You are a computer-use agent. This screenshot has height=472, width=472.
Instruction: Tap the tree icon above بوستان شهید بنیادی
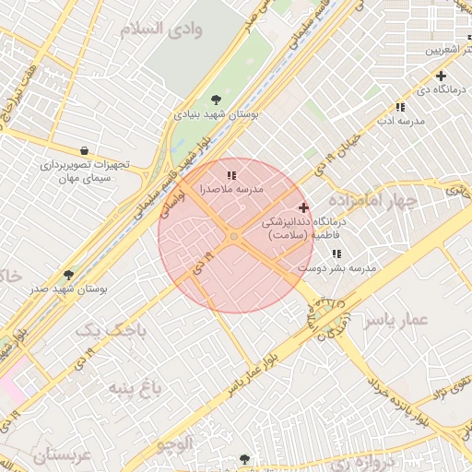click(216, 99)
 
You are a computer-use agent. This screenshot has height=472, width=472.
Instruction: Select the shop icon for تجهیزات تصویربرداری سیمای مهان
click(85, 150)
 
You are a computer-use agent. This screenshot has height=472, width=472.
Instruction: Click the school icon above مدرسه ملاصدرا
click(231, 173)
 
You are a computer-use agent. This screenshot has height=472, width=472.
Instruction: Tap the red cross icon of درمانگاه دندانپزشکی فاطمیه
click(304, 208)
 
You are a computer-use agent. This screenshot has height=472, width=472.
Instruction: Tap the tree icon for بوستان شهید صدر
click(68, 274)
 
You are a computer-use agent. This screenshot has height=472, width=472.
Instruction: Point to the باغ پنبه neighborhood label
click(136, 385)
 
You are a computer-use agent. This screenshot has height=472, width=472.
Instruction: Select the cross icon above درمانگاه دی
click(441, 76)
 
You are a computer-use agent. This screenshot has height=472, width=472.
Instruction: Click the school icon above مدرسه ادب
click(400, 107)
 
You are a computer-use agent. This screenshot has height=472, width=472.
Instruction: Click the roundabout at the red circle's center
click(234, 237)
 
